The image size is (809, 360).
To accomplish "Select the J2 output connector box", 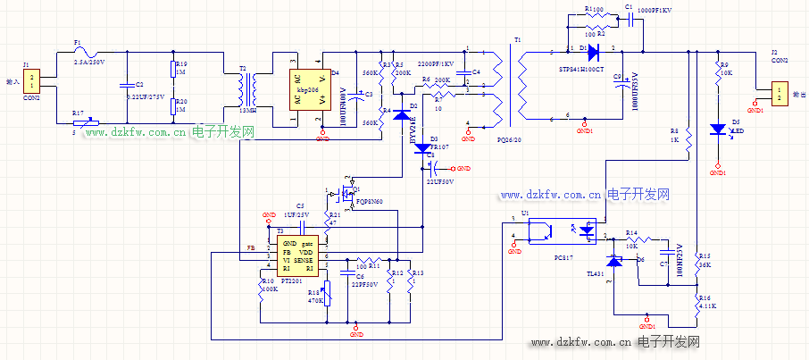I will pos(780,93).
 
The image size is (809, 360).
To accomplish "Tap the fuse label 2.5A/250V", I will pos(88,61).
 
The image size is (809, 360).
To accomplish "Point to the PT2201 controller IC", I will pos(296,255).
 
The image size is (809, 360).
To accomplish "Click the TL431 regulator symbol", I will pos(614,261).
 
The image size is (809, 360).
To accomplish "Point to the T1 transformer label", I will pos(517,40).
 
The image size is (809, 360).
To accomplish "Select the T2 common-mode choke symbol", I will pos(247,88).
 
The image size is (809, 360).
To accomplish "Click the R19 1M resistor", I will pos(173,71).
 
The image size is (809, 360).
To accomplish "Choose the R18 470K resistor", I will pos(326,292).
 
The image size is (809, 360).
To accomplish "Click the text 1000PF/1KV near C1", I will pos(655,9).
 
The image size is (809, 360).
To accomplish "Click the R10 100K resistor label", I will pos(268,284).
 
